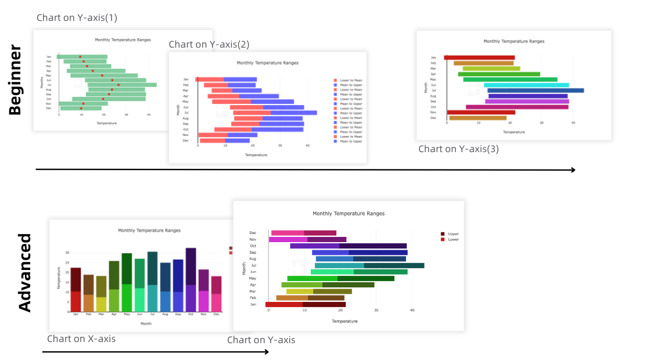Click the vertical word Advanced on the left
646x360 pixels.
25,272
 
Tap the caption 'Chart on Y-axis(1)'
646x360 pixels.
77,17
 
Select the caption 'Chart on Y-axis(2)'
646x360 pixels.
209,45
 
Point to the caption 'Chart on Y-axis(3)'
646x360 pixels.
458,149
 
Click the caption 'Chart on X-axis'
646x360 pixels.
81,339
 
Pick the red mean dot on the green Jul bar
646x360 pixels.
119,85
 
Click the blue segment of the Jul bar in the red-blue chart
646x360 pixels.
293,113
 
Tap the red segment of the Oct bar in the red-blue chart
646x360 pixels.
232,129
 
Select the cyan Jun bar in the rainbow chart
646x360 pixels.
526,85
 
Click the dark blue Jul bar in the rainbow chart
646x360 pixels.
535,90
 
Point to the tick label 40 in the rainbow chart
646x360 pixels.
573,123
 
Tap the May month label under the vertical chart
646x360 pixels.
127,314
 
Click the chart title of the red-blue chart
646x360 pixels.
267,62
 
